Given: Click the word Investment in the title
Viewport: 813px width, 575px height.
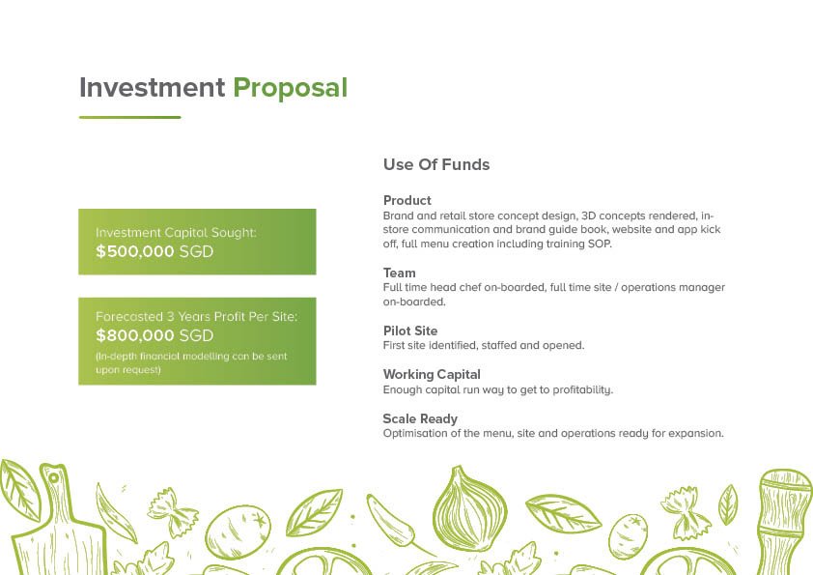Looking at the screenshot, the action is [152, 88].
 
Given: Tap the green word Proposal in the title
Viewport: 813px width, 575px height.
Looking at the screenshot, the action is [291, 89].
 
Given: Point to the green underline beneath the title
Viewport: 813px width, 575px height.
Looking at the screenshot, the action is [129, 117].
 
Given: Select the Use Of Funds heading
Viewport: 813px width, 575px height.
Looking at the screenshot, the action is [436, 164].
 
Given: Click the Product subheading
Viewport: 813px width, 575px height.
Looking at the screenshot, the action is [407, 200].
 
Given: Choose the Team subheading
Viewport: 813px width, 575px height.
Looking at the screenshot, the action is [399, 273].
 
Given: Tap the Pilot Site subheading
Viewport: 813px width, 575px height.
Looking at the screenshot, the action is [410, 331].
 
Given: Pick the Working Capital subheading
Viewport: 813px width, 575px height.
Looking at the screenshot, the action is [432, 375].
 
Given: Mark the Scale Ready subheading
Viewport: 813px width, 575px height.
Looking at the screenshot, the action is [420, 418].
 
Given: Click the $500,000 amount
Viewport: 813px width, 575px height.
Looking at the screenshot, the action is [135, 251].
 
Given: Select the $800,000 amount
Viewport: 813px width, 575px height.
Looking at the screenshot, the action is [135, 335].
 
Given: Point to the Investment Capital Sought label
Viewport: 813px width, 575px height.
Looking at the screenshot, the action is [176, 233].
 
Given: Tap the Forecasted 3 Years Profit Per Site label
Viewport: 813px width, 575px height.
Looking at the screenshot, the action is [197, 317].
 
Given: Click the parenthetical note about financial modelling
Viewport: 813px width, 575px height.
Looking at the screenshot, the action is [191, 362].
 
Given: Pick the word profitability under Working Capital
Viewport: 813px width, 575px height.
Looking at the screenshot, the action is [583, 389].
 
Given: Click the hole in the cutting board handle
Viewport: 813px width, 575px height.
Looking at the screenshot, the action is [53, 477].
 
